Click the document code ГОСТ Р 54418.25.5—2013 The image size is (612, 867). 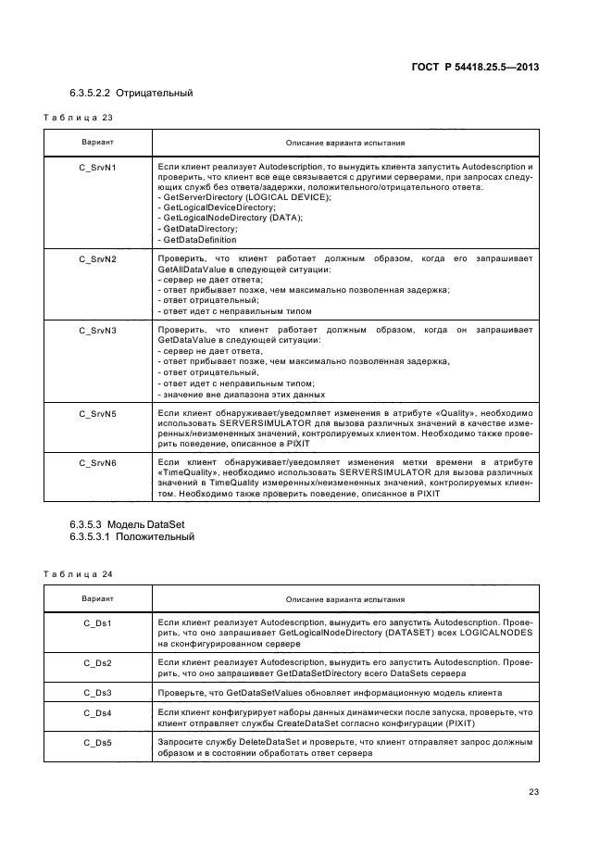pos(474,67)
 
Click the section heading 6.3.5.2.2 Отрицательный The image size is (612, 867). pos(131,94)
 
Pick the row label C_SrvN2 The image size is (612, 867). pos(97,258)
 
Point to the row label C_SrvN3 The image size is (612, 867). pos(97,330)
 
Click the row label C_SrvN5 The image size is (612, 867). pos(97,413)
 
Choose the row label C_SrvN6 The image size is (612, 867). pos(97,461)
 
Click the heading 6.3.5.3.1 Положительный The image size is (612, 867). pos(131,536)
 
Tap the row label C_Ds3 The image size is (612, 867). pos(97,692)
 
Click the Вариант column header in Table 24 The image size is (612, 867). pos(97,599)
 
